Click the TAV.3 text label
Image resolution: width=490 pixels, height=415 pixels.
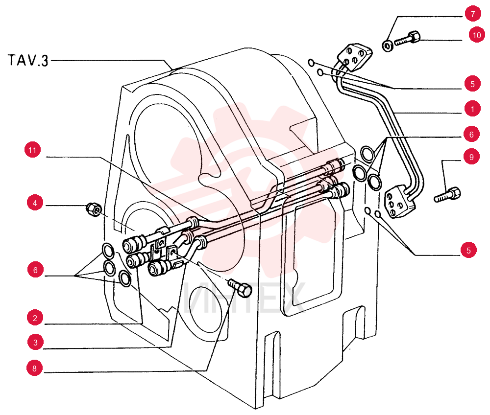[28, 60]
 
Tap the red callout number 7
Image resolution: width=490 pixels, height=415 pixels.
[473, 14]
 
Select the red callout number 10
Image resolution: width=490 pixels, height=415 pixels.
[477, 35]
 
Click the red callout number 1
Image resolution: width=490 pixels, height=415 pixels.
[472, 109]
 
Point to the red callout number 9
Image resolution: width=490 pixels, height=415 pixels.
[471, 157]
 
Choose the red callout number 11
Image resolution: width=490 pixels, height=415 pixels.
[32, 150]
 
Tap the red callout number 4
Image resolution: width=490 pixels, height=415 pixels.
[35, 203]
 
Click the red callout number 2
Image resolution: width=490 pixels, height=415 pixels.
[35, 318]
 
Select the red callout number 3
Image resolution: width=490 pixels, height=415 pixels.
[35, 342]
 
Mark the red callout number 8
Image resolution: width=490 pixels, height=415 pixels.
[35, 368]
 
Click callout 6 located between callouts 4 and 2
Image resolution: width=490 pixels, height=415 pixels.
[35, 270]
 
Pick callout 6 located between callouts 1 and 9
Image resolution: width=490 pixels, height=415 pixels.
[471, 134]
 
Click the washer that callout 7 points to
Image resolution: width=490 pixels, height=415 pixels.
[388, 46]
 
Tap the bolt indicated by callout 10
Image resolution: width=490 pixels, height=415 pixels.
[407, 38]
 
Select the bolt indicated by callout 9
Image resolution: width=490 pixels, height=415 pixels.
[447, 194]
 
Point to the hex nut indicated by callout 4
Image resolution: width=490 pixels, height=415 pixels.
[94, 209]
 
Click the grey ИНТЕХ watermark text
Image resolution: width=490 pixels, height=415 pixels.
[244, 299]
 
